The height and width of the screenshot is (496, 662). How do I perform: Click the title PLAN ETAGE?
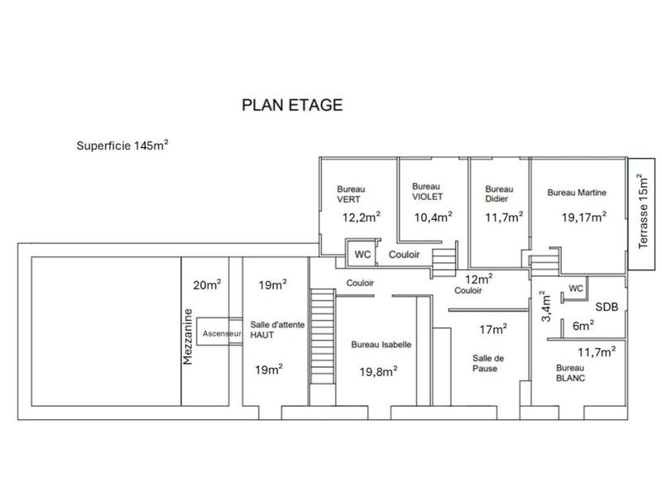pos(291,105)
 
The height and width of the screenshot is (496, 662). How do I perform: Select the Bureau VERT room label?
pos(351,194)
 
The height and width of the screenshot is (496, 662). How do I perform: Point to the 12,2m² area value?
pos(361,217)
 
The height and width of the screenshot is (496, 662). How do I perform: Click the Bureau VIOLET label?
pos(427,191)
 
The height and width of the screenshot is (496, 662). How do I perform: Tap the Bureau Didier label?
pos(496,193)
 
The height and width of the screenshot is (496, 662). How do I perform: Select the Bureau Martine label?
pos(577,192)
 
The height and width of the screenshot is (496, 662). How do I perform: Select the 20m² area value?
pos(207,286)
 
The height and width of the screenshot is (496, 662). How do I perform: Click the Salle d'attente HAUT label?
pos(277,331)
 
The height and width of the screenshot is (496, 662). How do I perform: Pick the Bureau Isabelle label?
pos(381,345)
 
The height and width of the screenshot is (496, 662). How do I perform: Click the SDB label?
pos(606,307)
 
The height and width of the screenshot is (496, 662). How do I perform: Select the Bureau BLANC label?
pos(571,372)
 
